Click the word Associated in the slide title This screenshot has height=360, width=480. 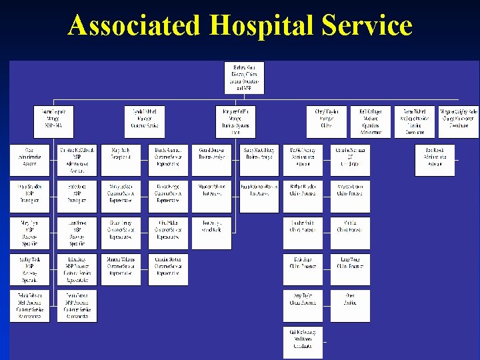[x=134, y=25]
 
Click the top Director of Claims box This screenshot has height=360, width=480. [x=244, y=77]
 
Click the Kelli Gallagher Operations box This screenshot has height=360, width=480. [x=371, y=121]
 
